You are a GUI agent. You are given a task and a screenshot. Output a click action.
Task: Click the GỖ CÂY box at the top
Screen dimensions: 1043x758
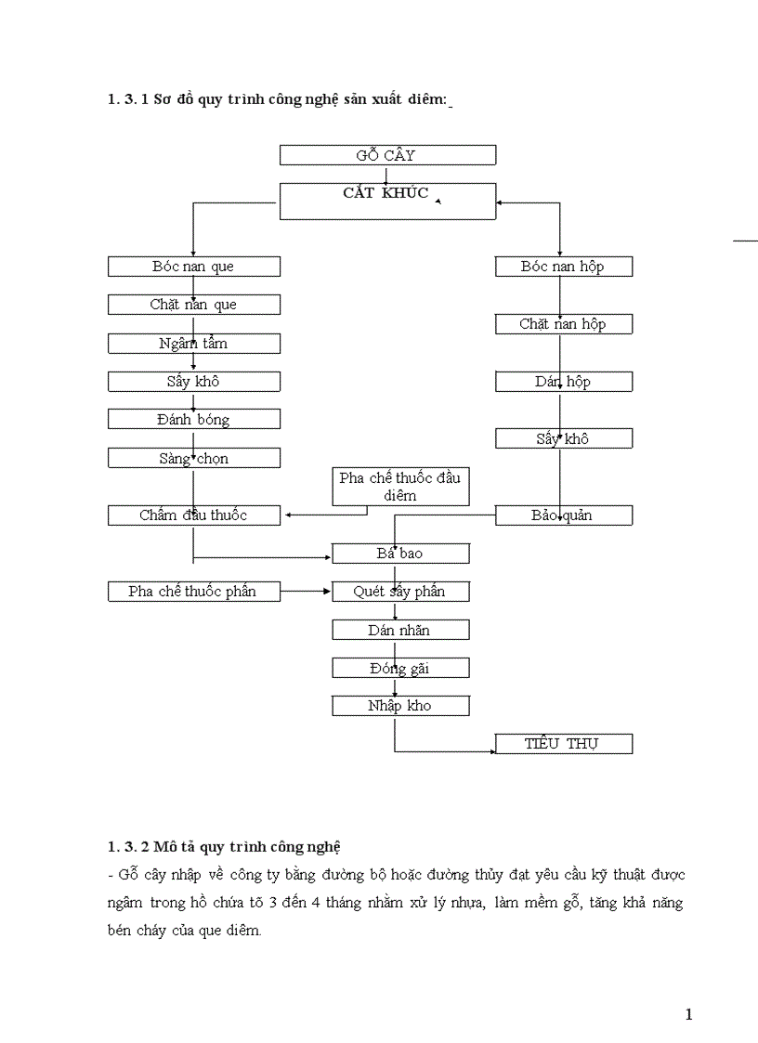[387, 155]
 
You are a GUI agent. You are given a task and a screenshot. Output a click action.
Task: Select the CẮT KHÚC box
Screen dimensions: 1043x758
[387, 201]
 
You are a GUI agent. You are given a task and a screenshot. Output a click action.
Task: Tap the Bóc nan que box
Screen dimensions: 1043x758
[193, 267]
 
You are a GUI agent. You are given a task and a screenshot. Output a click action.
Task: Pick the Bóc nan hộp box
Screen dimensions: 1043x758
[563, 267]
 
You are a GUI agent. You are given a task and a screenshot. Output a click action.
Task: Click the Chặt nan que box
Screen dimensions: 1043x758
[193, 305]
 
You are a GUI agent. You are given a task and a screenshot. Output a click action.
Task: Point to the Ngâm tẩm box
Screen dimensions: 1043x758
[193, 344]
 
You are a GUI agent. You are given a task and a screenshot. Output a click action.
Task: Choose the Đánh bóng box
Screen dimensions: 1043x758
[193, 419]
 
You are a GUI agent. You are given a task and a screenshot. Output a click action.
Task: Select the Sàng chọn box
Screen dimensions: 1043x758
[193, 458]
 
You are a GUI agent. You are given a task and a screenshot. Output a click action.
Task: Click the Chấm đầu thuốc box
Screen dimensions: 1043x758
[193, 515]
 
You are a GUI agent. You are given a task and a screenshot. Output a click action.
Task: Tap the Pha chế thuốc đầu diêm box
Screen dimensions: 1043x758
[400, 487]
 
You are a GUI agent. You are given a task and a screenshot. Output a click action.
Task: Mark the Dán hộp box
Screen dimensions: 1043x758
[563, 382]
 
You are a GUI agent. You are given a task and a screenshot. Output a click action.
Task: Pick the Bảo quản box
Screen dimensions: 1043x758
[563, 515]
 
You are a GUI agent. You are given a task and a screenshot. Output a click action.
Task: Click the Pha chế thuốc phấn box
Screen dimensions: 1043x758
[193, 592]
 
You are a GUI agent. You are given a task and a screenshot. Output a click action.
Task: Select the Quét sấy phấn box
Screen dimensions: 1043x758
[400, 592]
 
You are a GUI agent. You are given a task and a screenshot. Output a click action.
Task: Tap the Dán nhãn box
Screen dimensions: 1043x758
[400, 630]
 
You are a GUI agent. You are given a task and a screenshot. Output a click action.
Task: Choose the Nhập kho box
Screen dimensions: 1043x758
[400, 706]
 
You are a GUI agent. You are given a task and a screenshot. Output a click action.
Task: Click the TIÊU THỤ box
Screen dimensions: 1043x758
[563, 744]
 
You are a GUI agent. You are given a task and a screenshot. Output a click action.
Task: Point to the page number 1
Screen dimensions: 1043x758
[688, 1014]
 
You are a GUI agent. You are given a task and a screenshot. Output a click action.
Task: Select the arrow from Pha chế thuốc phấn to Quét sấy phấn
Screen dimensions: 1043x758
[307, 592]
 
